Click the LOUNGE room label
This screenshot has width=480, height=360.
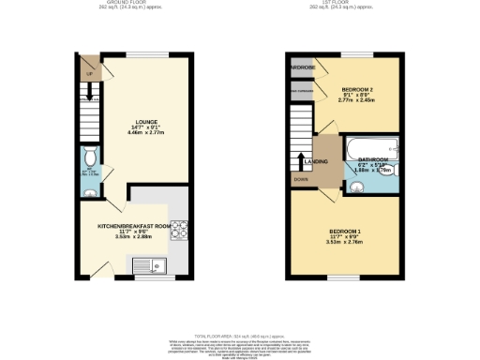tap(145, 121)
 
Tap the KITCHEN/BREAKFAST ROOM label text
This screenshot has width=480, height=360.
tap(135, 226)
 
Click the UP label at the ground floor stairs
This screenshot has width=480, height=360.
tap(89, 74)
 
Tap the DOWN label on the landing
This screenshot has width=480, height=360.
tap(300, 178)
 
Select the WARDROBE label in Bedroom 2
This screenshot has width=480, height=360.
tap(300, 67)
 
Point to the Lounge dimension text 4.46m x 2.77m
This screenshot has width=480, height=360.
tap(145, 134)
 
